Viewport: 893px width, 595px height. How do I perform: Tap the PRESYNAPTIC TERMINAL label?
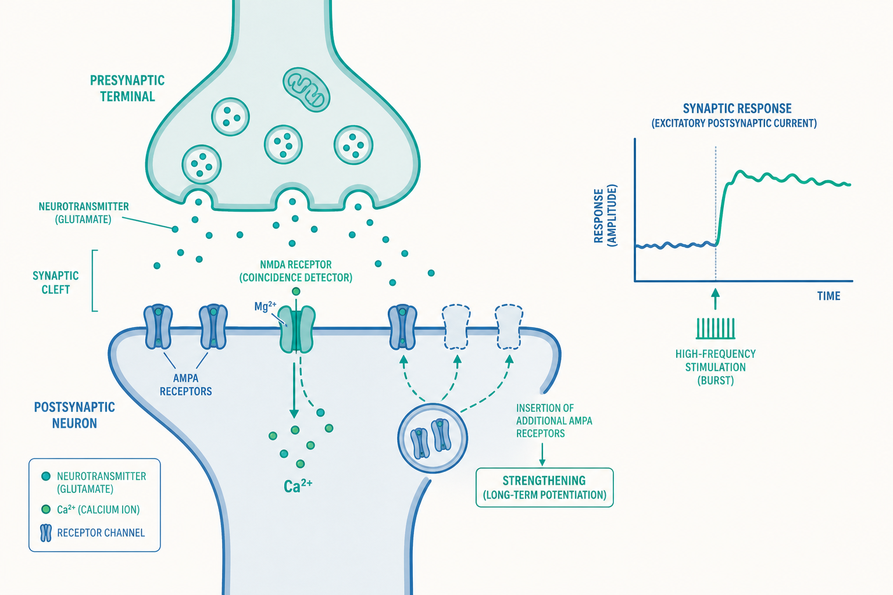(127, 88)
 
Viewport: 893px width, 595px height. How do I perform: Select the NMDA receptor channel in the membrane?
(297, 329)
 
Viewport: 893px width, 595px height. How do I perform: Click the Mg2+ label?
(265, 306)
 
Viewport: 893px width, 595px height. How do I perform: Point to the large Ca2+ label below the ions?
(298, 486)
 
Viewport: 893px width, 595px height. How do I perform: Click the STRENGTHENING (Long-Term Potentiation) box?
(545, 488)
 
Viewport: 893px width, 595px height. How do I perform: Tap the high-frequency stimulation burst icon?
(716, 328)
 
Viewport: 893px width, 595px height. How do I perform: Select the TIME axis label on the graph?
(828, 296)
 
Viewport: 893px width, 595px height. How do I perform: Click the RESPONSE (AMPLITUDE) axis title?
(605, 216)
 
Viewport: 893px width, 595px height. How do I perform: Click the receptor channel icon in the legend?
(47, 533)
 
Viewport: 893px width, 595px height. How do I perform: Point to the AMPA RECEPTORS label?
(186, 385)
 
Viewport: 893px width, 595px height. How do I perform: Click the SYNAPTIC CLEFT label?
(55, 282)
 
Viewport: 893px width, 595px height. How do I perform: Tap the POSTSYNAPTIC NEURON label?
(74, 415)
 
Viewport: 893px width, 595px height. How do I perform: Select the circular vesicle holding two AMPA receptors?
(433, 438)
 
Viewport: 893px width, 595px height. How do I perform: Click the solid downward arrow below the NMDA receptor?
(294, 390)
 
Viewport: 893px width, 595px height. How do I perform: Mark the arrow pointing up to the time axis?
(716, 299)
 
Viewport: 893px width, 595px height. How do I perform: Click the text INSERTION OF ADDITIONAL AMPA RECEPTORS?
(554, 421)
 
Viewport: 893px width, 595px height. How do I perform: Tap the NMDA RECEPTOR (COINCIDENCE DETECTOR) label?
(296, 271)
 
